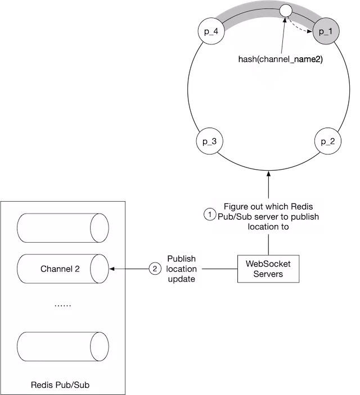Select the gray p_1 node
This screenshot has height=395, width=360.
coord(326,32)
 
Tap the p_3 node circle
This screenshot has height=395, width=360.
coord(209,142)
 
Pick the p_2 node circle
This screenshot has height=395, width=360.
coord(327,142)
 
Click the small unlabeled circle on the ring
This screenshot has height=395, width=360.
coord(285,11)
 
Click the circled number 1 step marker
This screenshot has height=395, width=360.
coord(209,214)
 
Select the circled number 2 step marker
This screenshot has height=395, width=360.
coord(155,269)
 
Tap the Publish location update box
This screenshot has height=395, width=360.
coord(182,269)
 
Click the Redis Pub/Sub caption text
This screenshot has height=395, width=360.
coord(60,385)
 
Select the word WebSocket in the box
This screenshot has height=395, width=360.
coord(267,264)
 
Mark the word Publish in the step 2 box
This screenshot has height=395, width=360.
coord(182,259)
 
